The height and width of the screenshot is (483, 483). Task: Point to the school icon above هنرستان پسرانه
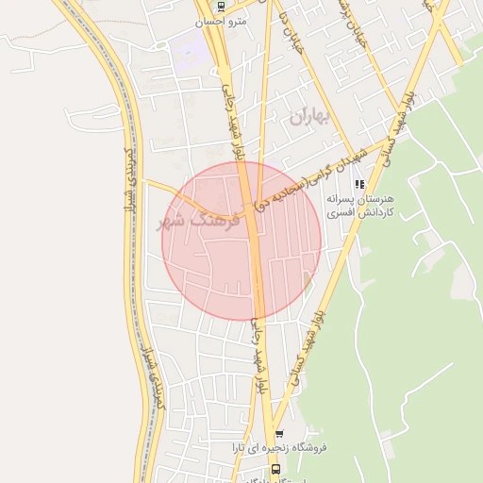(x=358, y=185)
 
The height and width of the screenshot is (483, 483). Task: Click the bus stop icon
(x=275, y=468)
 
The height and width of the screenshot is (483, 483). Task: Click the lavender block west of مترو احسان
(x=189, y=52)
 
